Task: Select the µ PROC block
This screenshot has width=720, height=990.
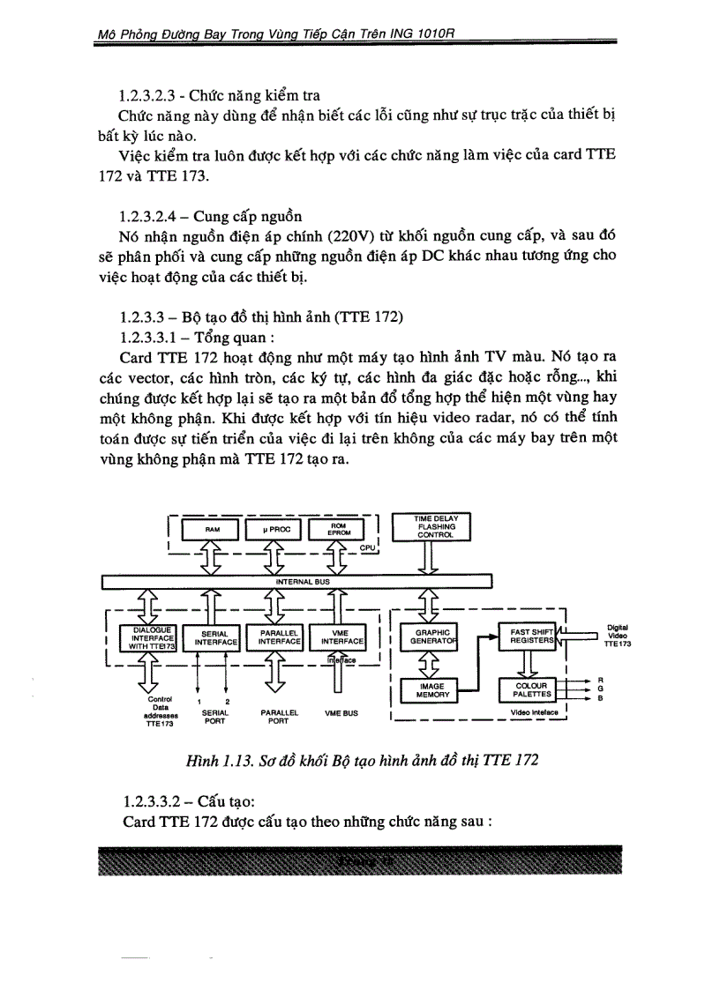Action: (274, 528)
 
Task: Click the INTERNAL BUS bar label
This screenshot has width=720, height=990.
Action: (298, 582)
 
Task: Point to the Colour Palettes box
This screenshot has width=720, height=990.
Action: (530, 689)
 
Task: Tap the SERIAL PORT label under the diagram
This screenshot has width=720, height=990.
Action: (215, 716)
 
